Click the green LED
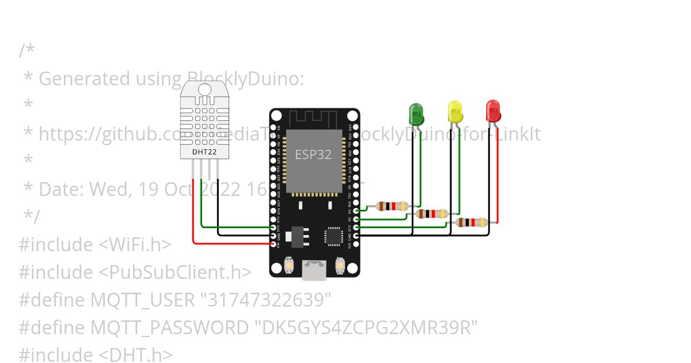point(416,113)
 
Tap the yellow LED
point(455,111)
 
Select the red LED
point(493,111)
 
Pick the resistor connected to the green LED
point(392,206)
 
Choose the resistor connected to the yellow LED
point(432,214)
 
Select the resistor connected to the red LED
point(471,222)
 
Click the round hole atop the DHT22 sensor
point(204,89)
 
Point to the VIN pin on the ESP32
point(274,244)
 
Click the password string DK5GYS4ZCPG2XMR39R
point(366,328)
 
